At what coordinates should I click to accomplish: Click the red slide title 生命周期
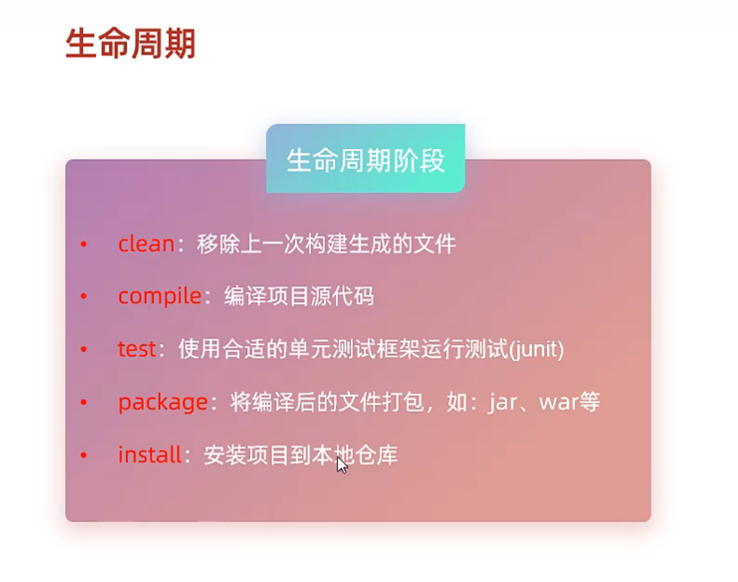(130, 43)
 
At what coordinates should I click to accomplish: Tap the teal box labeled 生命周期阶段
(365, 158)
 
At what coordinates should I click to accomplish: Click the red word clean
(146, 244)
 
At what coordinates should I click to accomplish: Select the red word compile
(160, 297)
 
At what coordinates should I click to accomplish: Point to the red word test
(137, 349)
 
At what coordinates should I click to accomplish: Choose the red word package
(163, 403)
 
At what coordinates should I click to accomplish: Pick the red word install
(150, 455)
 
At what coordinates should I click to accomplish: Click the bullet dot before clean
(84, 244)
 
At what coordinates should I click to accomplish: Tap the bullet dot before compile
(84, 296)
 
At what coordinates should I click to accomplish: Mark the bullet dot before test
(84, 349)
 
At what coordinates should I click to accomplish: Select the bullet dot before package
(84, 402)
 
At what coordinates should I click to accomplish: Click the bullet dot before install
(84, 455)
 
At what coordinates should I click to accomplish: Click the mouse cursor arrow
(342, 465)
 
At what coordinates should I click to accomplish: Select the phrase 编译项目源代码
(299, 296)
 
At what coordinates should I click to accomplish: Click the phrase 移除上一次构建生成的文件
(326, 244)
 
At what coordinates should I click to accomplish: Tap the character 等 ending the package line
(590, 402)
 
